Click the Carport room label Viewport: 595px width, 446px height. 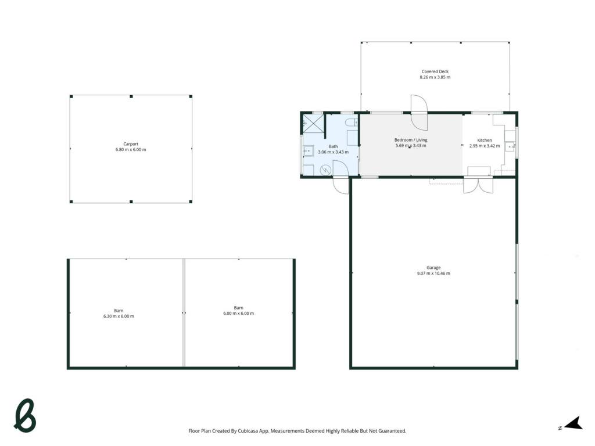point(131,144)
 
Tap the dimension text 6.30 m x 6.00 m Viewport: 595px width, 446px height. point(119,316)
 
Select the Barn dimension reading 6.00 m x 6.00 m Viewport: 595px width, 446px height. point(238,314)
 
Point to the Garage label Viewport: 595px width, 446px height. point(433,268)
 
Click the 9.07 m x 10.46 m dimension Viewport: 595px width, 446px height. point(433,274)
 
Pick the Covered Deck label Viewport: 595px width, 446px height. point(435,71)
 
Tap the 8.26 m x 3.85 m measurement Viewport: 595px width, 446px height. point(435,77)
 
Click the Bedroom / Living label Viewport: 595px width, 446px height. point(411,140)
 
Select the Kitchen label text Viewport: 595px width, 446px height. point(484,141)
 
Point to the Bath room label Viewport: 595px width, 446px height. point(333,146)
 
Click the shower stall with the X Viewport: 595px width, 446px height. point(313,123)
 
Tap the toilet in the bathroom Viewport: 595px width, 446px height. point(352,122)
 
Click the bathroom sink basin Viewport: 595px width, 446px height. point(308,151)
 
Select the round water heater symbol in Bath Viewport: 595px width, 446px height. point(325,170)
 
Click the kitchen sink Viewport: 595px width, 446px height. point(510,146)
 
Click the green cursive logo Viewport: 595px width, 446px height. point(25,416)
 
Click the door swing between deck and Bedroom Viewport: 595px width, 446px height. point(419,112)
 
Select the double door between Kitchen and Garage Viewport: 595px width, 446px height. point(478,185)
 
